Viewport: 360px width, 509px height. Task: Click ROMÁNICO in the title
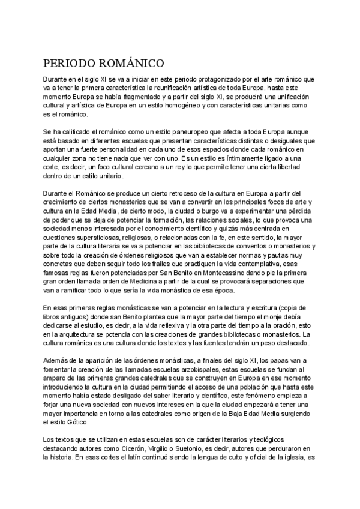tap(130, 63)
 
